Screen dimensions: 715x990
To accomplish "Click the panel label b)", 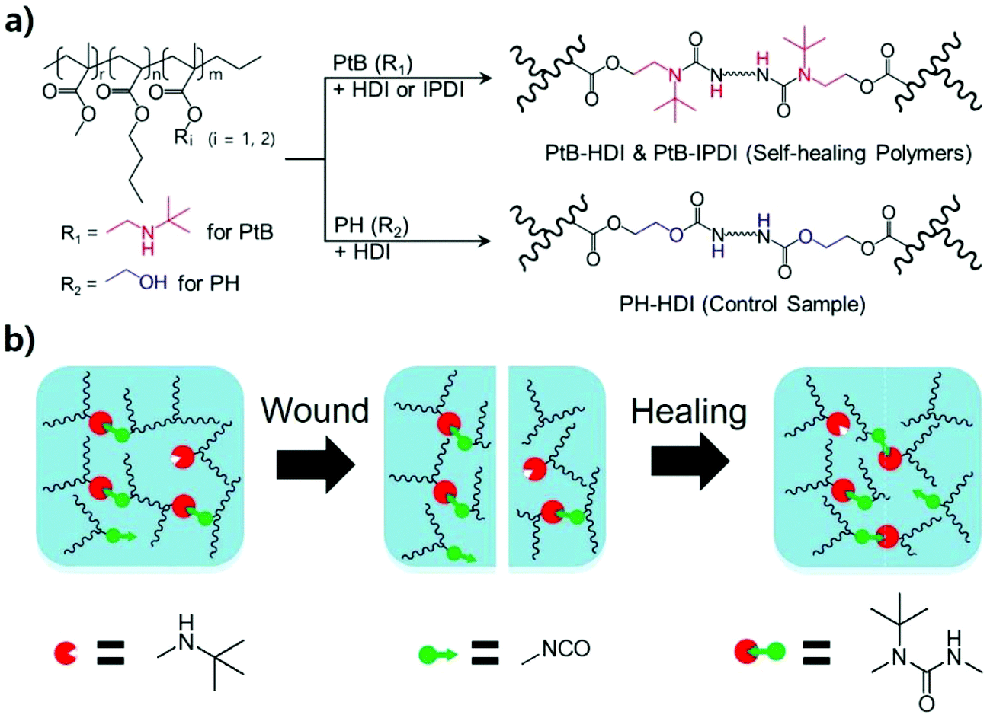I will click(22, 340).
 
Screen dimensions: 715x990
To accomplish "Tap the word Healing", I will click(689, 411).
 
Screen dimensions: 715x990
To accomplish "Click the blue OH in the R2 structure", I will click(153, 282).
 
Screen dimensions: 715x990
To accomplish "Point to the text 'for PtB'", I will click(239, 231).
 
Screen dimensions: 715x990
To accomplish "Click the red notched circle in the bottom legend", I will click(65, 653).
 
